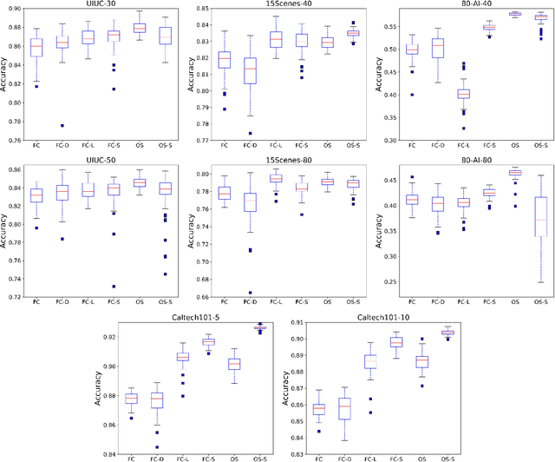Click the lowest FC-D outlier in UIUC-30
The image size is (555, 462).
(62, 125)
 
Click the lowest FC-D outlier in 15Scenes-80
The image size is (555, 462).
(251, 293)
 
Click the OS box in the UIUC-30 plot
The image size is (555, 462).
(138, 29)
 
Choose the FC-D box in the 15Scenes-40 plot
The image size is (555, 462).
(251, 70)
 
